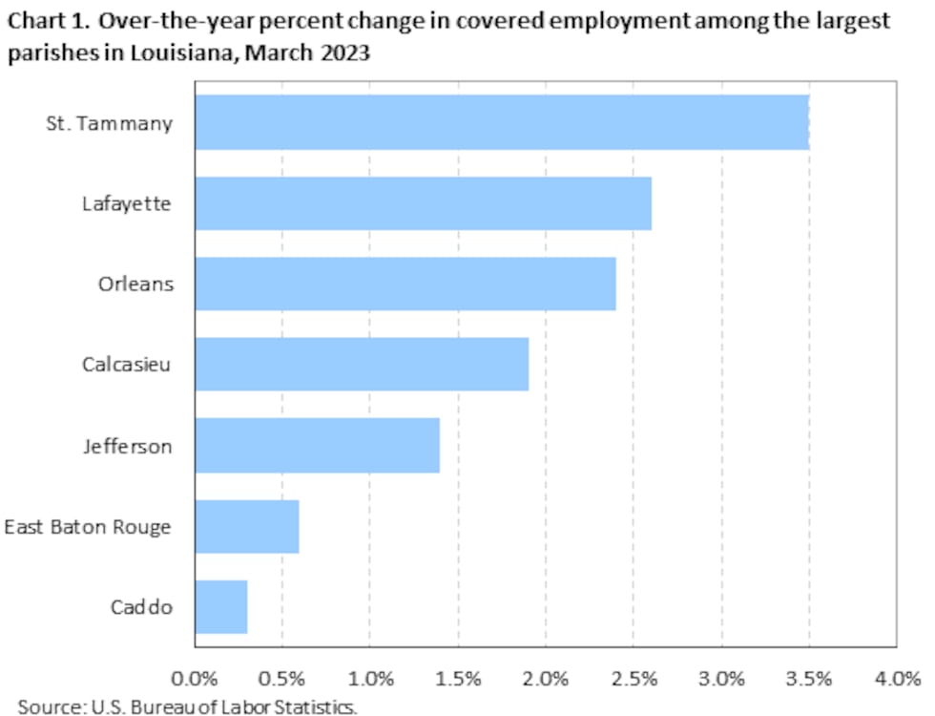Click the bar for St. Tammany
502,122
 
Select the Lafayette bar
424,202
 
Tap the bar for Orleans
405,284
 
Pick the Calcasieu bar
362,364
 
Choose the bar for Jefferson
318,445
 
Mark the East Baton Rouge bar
247,526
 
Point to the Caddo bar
221,606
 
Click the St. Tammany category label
110,123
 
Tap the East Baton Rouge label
88,527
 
